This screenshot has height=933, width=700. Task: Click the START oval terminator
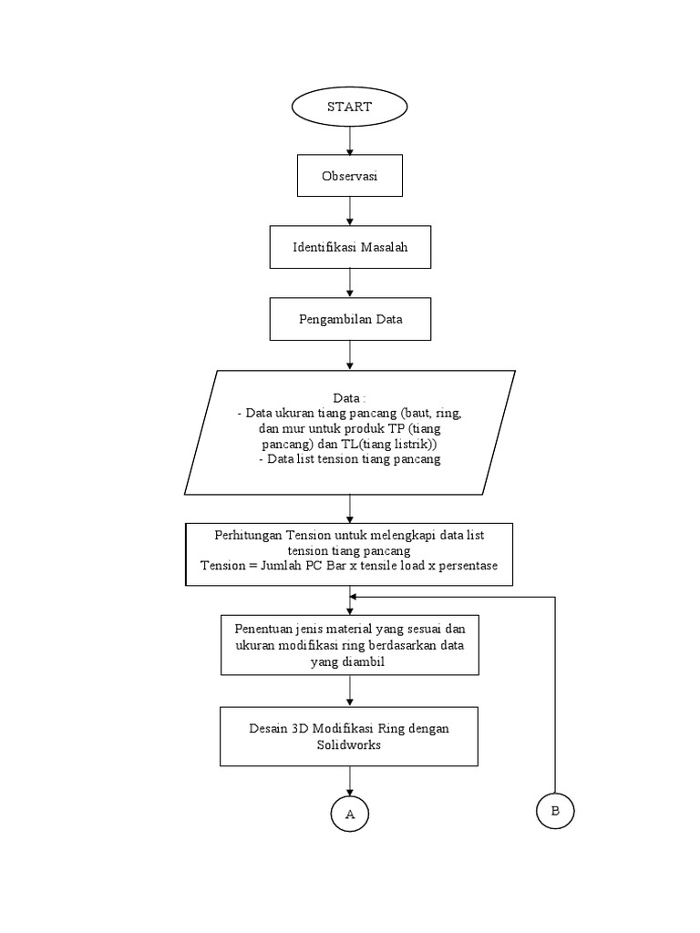point(350,107)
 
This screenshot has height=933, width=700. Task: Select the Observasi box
point(350,177)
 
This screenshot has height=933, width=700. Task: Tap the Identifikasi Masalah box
point(350,247)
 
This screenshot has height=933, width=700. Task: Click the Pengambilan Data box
point(350,320)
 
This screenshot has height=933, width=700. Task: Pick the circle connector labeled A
point(350,814)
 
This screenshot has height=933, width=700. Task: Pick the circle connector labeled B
point(555,810)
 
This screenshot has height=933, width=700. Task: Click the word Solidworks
point(349,744)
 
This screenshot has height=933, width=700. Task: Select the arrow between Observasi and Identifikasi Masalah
point(350,211)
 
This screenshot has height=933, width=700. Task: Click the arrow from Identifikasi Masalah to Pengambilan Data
point(350,283)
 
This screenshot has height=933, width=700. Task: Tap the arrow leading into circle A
point(350,780)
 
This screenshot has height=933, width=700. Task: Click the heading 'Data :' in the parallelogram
point(350,399)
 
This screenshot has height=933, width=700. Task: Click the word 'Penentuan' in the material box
point(262,629)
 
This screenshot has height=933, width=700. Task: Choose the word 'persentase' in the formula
point(469,565)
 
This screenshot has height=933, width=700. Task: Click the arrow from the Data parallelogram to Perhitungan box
point(350,508)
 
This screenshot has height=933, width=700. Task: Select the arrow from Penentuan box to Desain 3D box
point(350,692)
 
